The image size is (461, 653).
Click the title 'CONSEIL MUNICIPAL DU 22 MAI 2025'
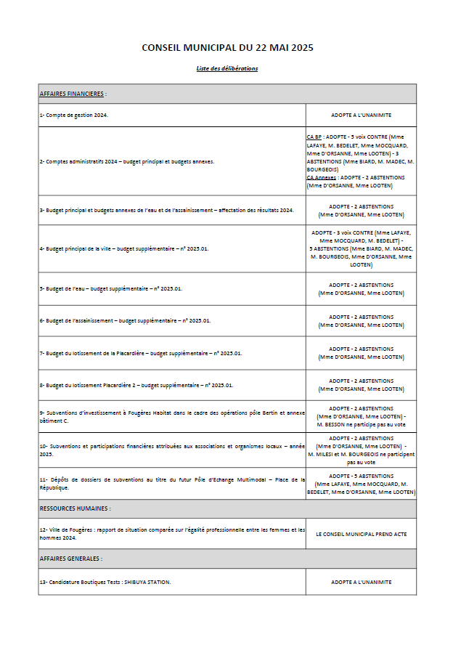tap(227, 47)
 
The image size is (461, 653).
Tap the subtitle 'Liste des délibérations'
tap(227, 69)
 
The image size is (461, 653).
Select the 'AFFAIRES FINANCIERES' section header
tap(73, 94)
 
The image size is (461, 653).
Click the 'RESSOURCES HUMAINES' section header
tap(75, 508)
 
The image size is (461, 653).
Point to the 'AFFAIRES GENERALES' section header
tap(70, 559)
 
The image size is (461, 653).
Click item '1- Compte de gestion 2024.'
tap(73, 115)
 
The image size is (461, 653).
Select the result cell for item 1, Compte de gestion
tap(361, 115)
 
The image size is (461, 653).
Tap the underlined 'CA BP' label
tap(314, 137)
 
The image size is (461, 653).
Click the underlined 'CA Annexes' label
tap(321, 177)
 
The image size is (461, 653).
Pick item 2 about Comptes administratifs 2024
tap(126, 161)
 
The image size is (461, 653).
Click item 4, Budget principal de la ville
tap(123, 248)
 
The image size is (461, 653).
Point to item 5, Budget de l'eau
tap(110, 288)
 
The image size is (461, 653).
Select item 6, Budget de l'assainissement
tap(125, 320)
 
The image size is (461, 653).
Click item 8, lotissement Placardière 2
tap(136, 385)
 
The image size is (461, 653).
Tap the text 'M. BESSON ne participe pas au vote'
tap(361, 424)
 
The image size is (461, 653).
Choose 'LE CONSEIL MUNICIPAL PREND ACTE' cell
tap(361, 533)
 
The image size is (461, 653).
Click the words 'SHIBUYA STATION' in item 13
tap(150, 582)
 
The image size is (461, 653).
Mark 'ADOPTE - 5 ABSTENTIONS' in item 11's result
tap(361, 476)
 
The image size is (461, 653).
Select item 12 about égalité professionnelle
tap(172, 533)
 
